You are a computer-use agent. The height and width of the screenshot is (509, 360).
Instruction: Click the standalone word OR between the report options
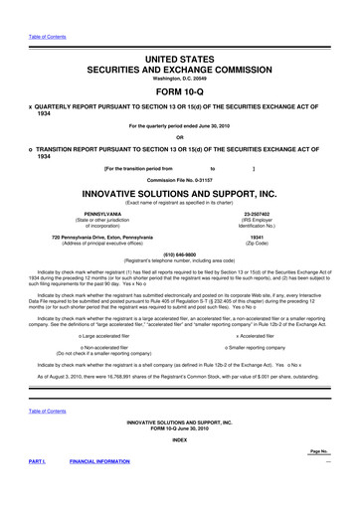click(x=179, y=137)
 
